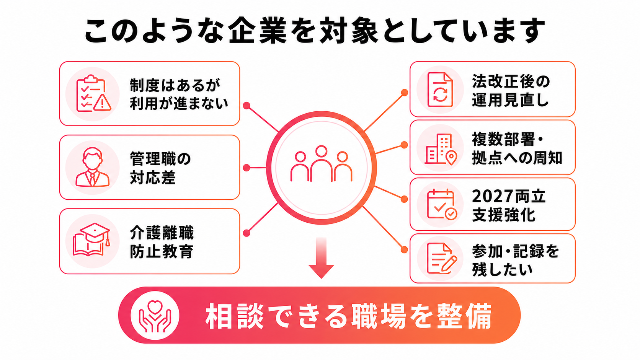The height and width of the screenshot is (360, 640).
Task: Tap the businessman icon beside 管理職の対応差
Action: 92,167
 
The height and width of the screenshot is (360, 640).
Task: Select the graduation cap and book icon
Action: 91,239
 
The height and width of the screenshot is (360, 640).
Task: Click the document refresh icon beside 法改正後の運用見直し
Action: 440,90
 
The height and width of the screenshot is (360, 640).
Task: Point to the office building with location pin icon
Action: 441,149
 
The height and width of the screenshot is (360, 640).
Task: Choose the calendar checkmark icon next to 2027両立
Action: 442,204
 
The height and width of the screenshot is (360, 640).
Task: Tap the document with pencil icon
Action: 442,258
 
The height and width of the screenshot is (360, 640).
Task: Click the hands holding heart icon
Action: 155,316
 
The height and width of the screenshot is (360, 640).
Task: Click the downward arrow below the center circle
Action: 321,258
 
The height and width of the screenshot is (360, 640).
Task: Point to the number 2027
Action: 490,196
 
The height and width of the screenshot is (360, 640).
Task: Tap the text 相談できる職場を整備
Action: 348,316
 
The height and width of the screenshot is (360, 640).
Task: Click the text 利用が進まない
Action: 179,103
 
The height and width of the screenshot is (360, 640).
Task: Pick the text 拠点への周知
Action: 517,158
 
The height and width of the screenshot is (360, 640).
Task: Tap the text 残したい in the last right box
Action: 502,269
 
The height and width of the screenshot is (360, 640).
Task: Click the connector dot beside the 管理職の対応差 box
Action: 247,168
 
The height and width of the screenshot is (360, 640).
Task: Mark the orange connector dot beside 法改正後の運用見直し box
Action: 404,93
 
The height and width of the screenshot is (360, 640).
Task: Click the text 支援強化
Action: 503,215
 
